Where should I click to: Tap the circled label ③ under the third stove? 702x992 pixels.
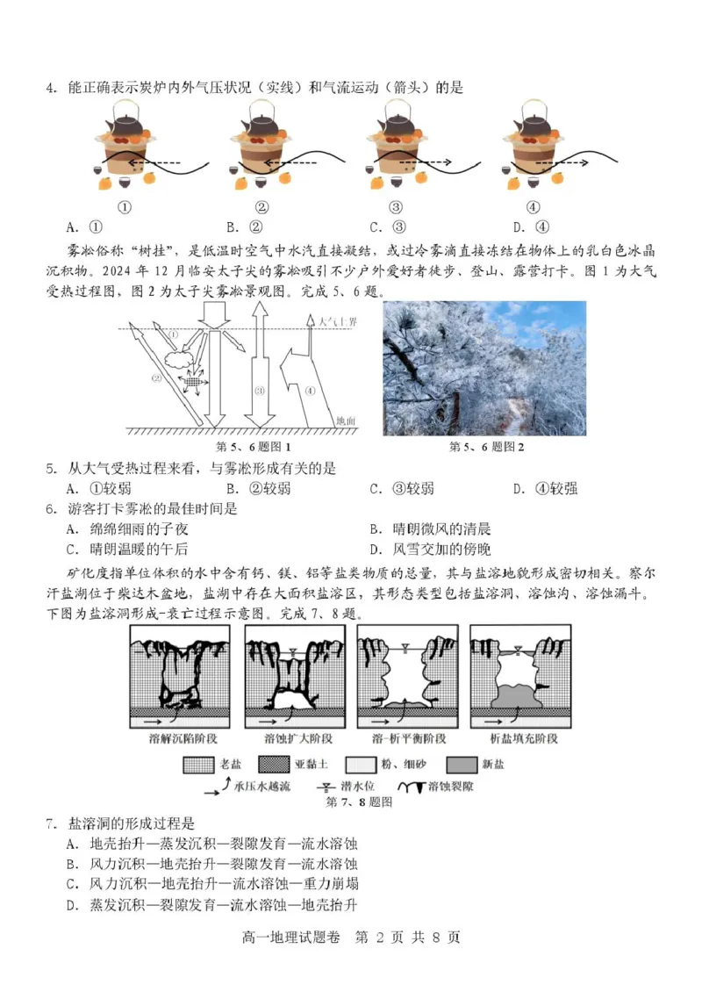click(x=396, y=207)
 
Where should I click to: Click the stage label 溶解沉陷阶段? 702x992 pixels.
click(x=180, y=738)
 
